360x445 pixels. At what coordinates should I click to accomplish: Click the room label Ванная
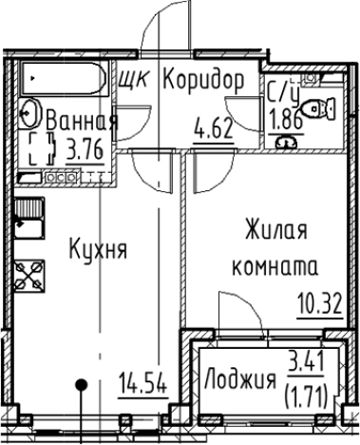(x=83, y=121)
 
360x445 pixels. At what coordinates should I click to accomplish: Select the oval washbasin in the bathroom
(x=29, y=112)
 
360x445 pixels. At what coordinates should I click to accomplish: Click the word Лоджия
(x=239, y=381)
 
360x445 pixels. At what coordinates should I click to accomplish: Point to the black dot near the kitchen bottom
(x=84, y=385)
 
